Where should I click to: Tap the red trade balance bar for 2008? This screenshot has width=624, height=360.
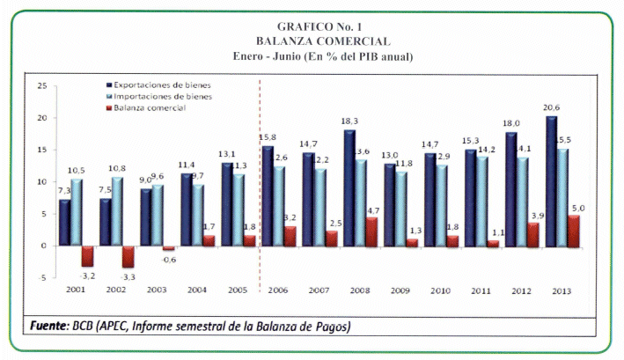click(371, 231)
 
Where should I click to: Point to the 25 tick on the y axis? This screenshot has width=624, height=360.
click(41, 86)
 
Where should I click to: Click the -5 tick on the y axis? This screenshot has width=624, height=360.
click(42, 276)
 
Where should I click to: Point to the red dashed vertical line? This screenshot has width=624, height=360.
click(260, 176)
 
